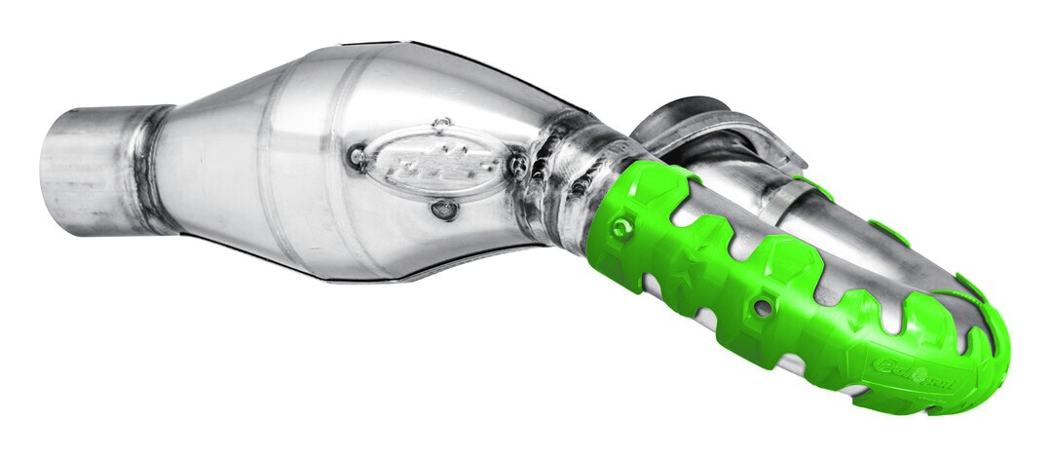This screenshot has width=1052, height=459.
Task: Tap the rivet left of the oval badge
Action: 357,155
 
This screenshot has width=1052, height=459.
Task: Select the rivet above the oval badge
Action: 441,124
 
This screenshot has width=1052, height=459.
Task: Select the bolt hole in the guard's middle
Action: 762,307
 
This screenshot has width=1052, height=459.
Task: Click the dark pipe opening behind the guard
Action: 682,115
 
